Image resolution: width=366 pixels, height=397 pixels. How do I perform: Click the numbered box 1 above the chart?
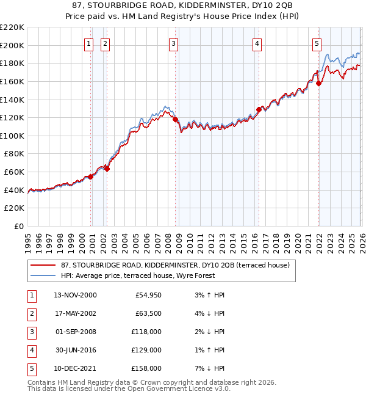(89, 43)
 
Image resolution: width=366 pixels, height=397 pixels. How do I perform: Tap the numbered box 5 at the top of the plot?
(317, 43)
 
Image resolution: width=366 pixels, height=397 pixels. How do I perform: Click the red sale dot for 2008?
(176, 120)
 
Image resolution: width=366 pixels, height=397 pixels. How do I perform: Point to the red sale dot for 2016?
(259, 110)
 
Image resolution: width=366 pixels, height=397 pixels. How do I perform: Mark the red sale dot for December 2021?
(318, 84)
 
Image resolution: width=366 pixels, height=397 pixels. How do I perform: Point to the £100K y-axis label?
(12, 136)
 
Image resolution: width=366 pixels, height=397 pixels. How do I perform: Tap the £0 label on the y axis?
(18, 226)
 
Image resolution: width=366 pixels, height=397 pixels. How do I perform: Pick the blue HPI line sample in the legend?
(44, 275)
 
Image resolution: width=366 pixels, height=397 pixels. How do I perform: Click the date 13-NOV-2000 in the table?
(75, 295)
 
